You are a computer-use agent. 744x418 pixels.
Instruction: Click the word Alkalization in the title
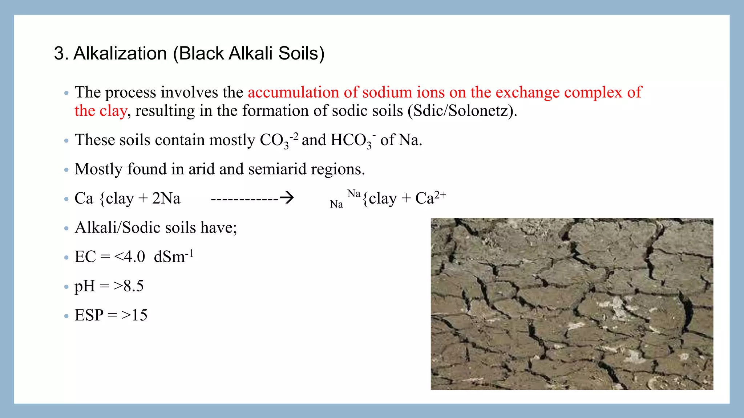[120, 53]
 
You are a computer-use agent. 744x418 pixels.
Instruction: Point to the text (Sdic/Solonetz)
[462, 111]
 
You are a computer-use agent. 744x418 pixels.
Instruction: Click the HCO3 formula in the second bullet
[353, 140]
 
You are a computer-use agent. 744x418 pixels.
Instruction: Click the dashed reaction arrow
[252, 198]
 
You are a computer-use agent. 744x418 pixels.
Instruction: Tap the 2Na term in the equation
[166, 198]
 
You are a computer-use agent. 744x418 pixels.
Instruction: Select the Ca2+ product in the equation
[430, 198]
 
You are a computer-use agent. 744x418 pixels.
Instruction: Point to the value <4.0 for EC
[129, 257]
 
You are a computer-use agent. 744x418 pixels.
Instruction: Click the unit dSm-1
[173, 257]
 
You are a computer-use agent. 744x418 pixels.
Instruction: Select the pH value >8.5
[128, 286]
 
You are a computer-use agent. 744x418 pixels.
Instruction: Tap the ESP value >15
[134, 315]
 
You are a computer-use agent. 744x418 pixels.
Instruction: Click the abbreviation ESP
[89, 315]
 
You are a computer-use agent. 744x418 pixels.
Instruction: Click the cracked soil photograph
[572, 304]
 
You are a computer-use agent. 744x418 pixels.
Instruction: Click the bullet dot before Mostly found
[66, 170]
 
